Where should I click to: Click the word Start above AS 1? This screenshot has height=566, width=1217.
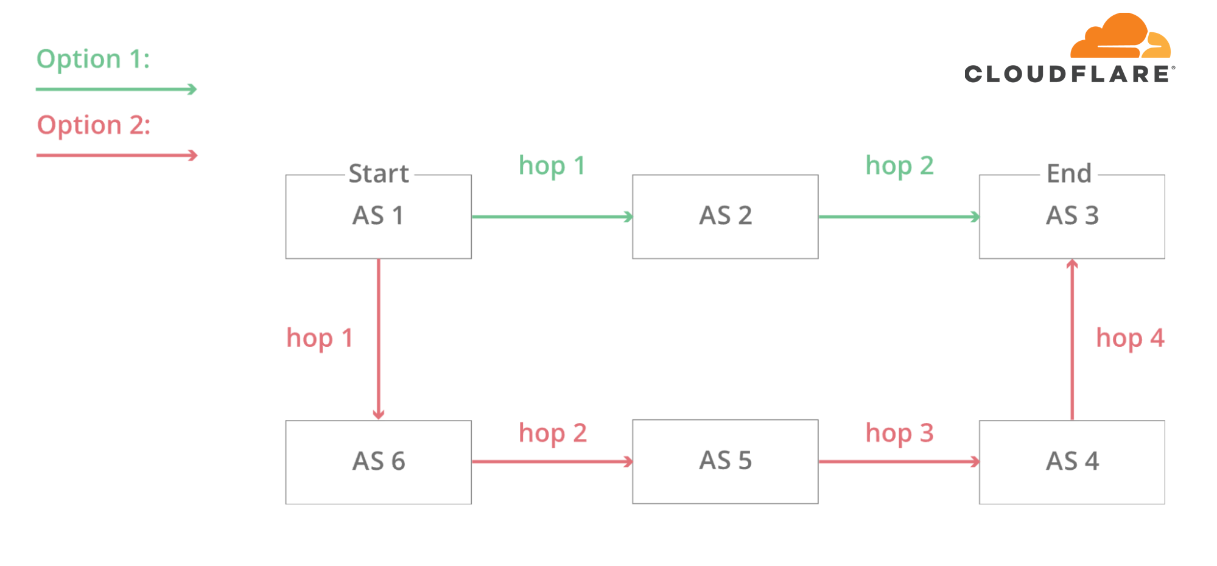tap(378, 173)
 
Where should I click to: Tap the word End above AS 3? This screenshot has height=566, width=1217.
tap(1069, 173)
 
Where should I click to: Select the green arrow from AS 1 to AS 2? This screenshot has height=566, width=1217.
tap(552, 216)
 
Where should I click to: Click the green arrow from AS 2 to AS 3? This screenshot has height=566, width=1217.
tap(899, 216)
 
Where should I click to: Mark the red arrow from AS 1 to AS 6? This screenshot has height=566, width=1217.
tap(378, 339)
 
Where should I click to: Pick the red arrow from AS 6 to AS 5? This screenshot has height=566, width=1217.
tap(552, 461)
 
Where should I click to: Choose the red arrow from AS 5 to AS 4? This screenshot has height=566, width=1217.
tap(899, 461)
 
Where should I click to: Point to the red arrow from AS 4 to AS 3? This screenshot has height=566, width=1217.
tap(1072, 339)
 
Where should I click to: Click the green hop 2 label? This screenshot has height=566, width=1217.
tap(899, 166)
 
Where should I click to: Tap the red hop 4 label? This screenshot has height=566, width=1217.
tap(1130, 338)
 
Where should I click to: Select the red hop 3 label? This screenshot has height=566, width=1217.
tap(899, 433)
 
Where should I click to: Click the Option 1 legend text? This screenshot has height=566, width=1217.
tap(93, 60)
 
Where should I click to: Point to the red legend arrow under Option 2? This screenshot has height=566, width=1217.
tap(117, 155)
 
